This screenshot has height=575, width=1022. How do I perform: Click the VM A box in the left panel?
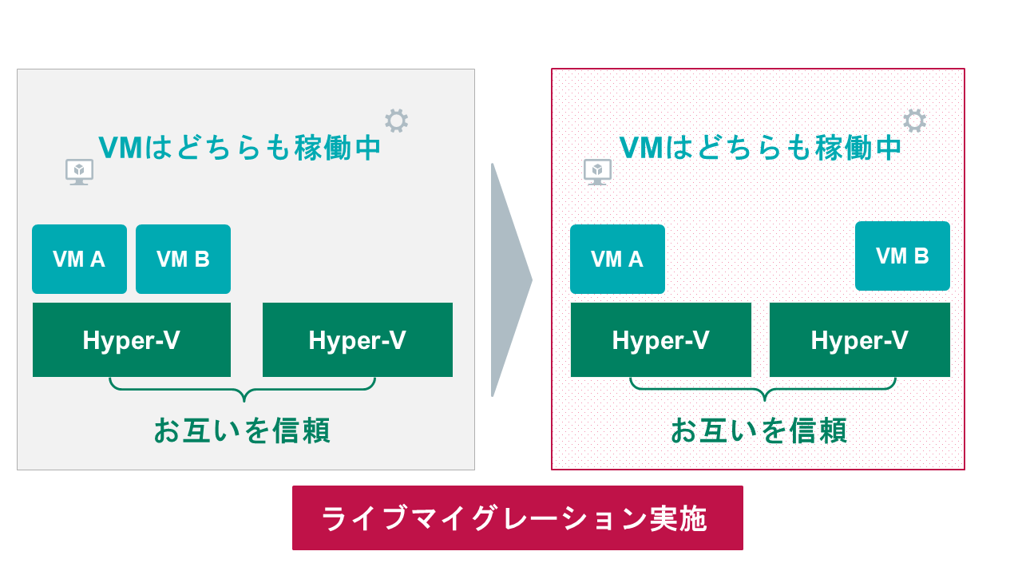click(x=79, y=259)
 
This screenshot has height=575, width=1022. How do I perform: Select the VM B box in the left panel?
click(x=183, y=259)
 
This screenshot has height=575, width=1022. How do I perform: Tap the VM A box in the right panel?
click(x=617, y=259)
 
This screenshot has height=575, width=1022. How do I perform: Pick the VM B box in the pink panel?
click(x=902, y=256)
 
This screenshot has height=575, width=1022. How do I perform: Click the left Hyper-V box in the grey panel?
click(x=131, y=340)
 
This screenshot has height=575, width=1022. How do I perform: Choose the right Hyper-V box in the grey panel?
click(x=357, y=340)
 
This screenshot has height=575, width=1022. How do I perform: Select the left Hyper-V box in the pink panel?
click(x=660, y=340)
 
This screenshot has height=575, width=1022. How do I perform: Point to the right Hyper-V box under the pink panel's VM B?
click(x=859, y=340)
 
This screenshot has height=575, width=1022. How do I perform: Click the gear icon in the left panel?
click(x=396, y=121)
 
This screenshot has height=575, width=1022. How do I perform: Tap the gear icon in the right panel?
click(x=914, y=121)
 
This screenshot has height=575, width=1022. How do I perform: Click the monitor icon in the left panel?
click(x=79, y=172)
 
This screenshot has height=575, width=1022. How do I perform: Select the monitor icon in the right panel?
click(x=597, y=172)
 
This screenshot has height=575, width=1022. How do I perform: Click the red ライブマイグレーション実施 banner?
click(x=517, y=517)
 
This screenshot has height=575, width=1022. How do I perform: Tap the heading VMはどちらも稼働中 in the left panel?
click(x=240, y=148)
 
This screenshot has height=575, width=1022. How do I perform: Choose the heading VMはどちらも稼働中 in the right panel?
click(x=760, y=148)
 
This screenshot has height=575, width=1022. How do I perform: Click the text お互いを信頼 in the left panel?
click(x=242, y=430)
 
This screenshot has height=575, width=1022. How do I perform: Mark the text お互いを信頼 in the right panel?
click(x=759, y=430)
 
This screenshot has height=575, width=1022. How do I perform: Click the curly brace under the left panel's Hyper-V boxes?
click(x=242, y=391)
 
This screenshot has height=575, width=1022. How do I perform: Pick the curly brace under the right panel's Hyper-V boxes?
click(x=763, y=391)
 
